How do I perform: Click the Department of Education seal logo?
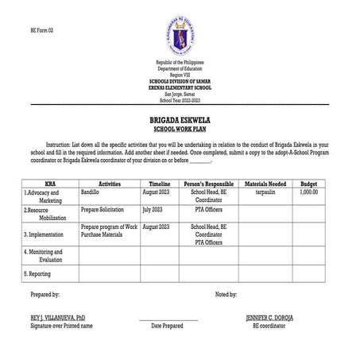(179, 34)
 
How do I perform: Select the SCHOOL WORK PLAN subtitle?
(180, 126)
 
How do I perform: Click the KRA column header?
(50, 182)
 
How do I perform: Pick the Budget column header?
(308, 182)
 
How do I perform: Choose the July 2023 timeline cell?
(156, 209)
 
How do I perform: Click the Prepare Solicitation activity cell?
(105, 209)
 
